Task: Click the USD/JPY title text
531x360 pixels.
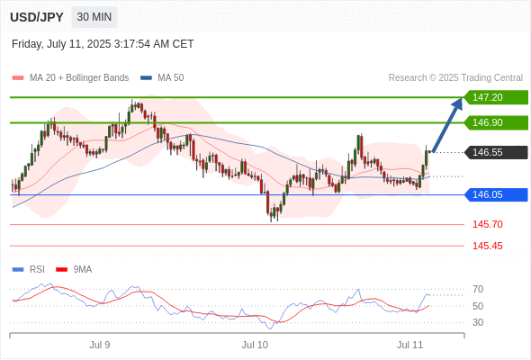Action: coord(37,17)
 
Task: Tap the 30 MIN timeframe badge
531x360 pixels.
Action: coord(94,17)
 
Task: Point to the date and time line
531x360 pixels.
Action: coord(103,44)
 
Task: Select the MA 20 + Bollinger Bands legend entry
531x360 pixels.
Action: coord(70,78)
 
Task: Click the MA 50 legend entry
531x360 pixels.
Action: coord(162,78)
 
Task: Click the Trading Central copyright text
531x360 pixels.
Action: coord(455,78)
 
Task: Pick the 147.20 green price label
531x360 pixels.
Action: coord(496,97)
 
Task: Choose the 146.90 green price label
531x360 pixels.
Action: coord(496,122)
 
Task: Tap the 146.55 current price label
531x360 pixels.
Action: coord(496,152)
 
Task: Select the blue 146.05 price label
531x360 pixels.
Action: coord(496,194)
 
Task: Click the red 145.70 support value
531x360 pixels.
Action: coord(487,224)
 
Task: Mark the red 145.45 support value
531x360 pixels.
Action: coord(487,246)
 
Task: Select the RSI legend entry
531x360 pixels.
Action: coord(29,270)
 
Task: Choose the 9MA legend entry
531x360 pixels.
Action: coord(74,270)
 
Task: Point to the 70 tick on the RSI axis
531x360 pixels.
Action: coord(478,289)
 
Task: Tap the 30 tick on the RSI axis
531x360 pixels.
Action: coord(478,322)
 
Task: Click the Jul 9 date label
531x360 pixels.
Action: coord(100,345)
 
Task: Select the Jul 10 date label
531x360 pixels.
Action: coord(255,345)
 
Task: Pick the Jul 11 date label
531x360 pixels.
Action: coord(410,345)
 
